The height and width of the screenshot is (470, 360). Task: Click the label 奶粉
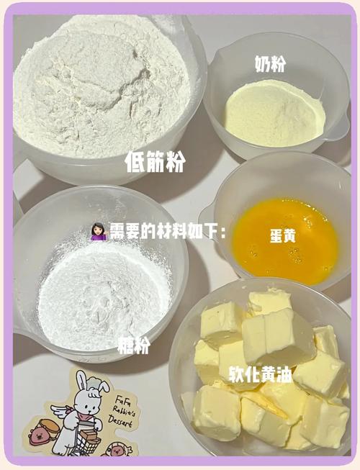coord(270,65)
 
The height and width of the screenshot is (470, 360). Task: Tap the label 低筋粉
coord(155,162)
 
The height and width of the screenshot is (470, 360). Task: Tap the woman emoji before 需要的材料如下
coord(99,232)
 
